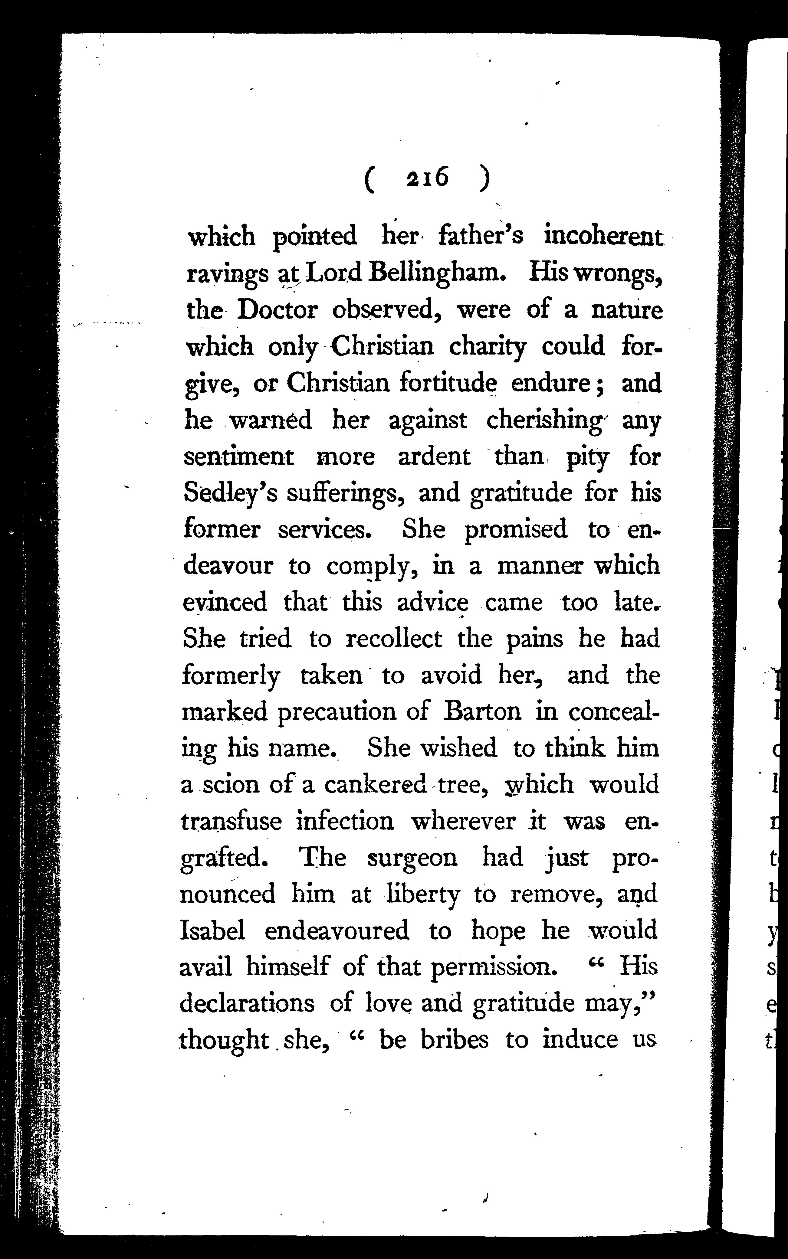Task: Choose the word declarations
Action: point(247,1004)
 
